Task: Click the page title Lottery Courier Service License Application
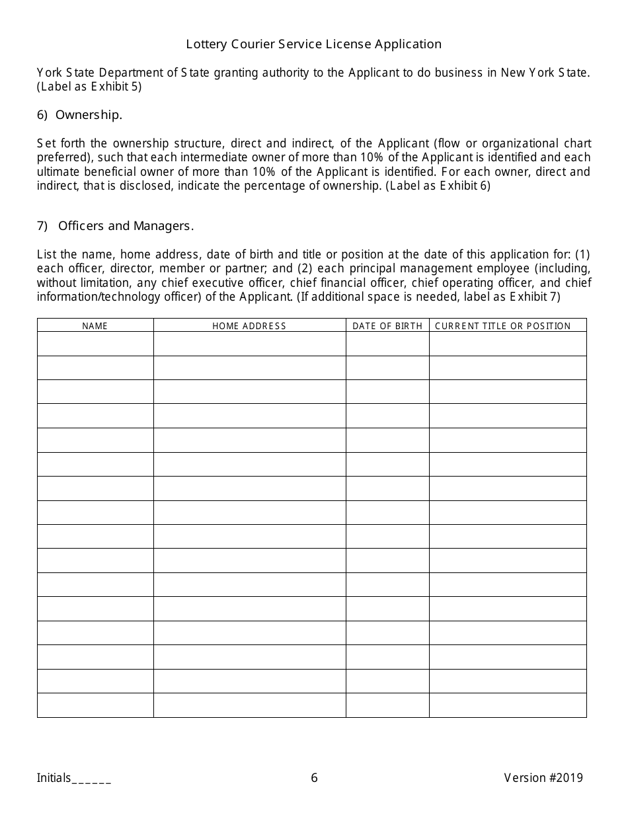click(313, 44)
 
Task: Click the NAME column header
click(95, 326)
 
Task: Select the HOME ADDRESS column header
click(249, 326)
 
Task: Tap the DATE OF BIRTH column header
click(387, 326)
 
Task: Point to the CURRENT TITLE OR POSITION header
click(502, 326)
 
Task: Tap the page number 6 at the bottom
click(314, 778)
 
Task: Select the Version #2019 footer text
click(543, 778)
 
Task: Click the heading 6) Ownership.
click(79, 115)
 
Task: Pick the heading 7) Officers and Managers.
click(115, 226)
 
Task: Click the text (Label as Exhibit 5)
click(89, 87)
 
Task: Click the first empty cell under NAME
click(95, 344)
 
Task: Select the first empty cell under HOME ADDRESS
click(249, 344)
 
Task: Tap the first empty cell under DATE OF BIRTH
click(387, 344)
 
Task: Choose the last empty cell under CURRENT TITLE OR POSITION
click(508, 705)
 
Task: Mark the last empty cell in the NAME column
click(95, 705)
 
